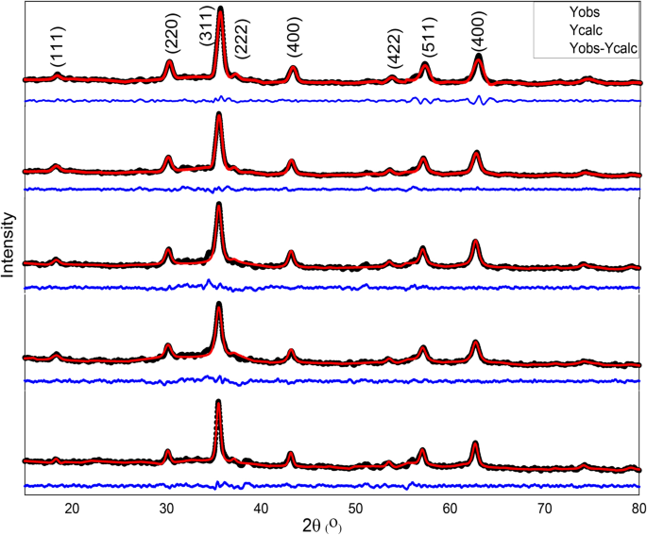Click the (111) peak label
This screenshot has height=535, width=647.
(x=56, y=45)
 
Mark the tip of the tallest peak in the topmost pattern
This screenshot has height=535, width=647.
(x=220, y=9)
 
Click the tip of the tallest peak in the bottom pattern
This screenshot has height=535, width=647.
(x=218, y=402)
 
